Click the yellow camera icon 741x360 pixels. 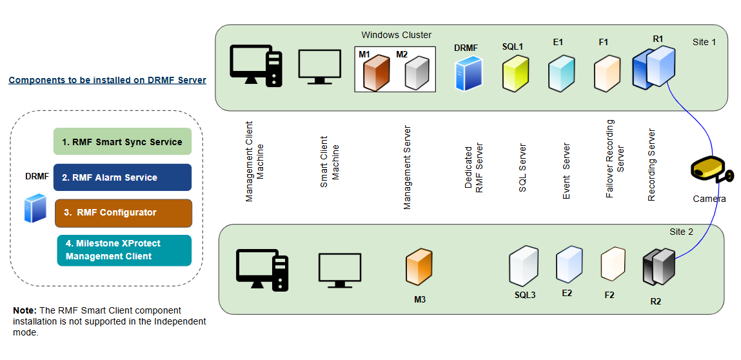point(710,171)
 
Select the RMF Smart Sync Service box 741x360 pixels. point(123,141)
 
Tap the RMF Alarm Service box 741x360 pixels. point(123,177)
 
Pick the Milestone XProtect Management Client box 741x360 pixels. point(124,250)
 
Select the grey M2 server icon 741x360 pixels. point(416,72)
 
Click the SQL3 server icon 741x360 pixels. point(524,266)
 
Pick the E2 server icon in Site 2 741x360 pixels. point(569,265)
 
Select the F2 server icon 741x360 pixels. point(613,265)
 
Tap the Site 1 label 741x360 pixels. point(704,42)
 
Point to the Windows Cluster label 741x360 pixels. point(396,35)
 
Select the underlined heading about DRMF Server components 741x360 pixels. point(107,81)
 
